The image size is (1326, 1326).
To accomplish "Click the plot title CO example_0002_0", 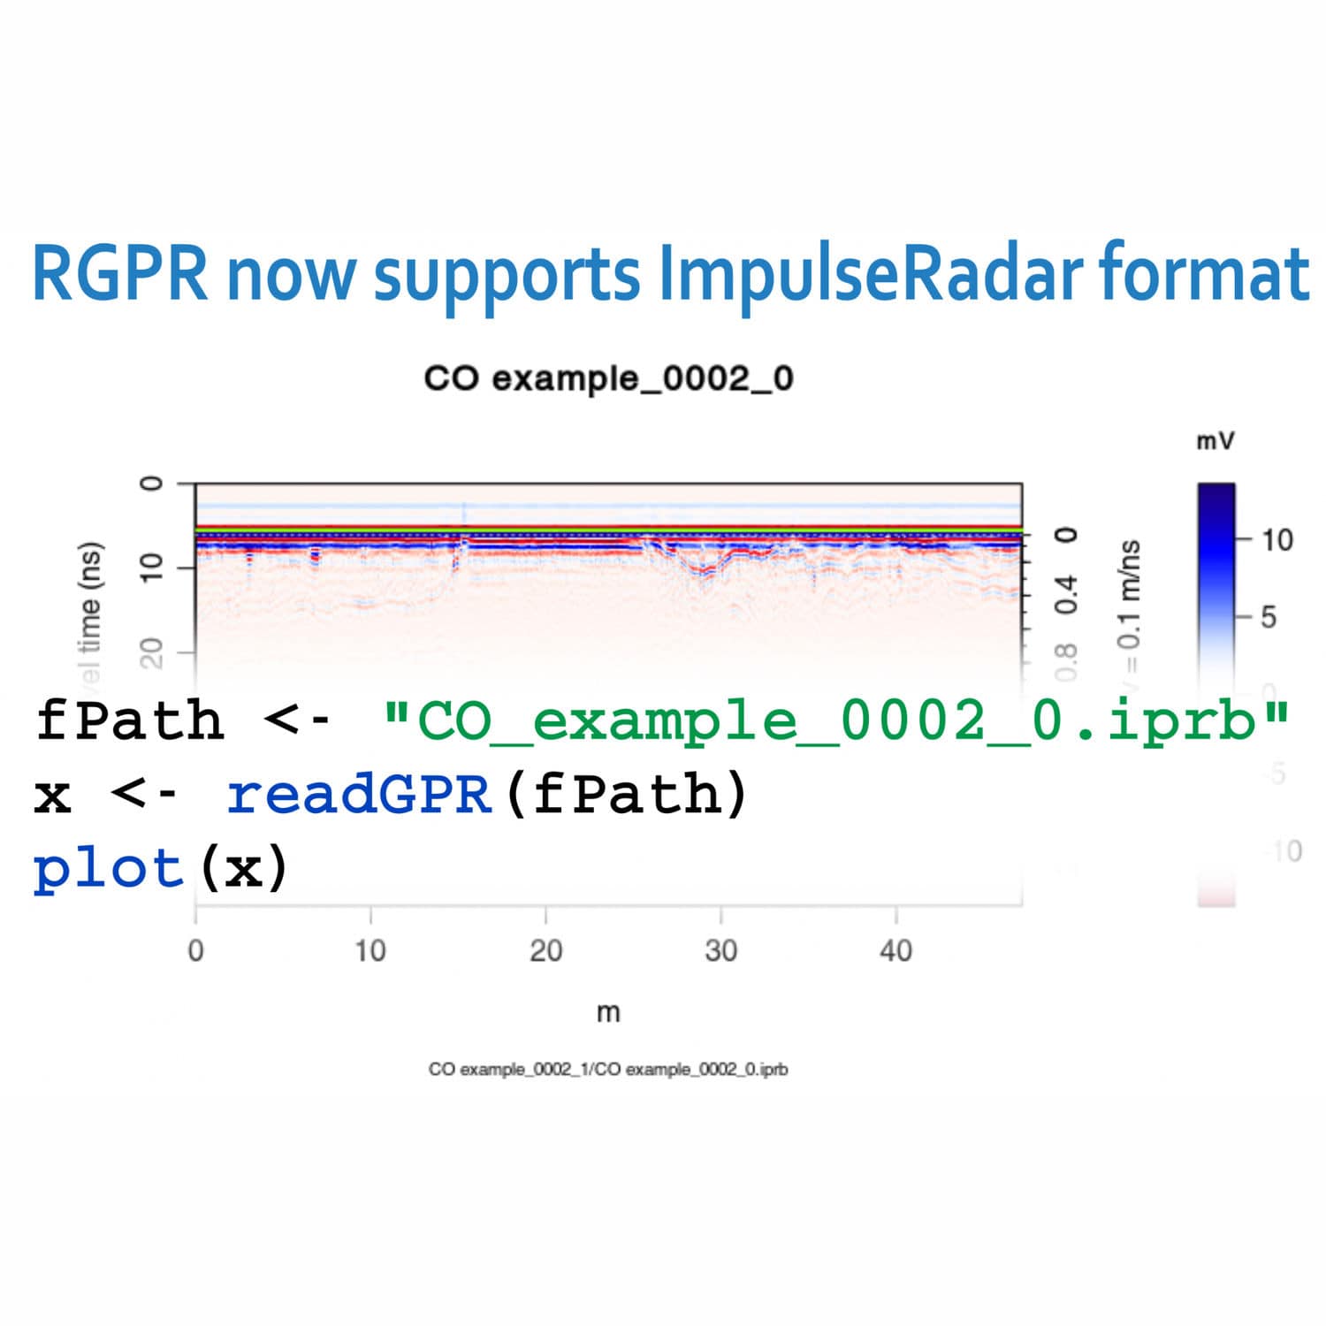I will tap(608, 378).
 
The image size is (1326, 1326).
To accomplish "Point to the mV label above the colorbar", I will tap(1215, 440).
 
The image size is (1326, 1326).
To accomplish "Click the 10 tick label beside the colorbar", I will tap(1276, 539).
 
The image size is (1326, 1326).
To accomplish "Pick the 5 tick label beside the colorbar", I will tap(1269, 616).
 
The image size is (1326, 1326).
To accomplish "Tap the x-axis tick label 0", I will tap(195, 951).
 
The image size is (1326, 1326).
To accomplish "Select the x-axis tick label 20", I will tap(545, 951).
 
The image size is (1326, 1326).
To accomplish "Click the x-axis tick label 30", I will tap(720, 951).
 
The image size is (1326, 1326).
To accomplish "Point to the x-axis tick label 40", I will tap(895, 951).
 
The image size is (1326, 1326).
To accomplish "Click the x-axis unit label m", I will tap(608, 1012).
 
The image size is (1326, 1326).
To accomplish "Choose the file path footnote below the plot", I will tap(608, 1070).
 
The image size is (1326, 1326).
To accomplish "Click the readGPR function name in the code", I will tap(358, 794).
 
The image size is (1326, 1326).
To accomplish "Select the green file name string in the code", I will tap(835, 720).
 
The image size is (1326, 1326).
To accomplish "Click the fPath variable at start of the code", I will tap(129, 720).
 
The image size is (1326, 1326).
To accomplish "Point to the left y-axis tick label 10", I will tap(153, 567).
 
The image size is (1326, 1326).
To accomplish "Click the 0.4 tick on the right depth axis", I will tap(1068, 594).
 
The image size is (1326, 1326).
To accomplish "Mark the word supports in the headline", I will tap(507, 276).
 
